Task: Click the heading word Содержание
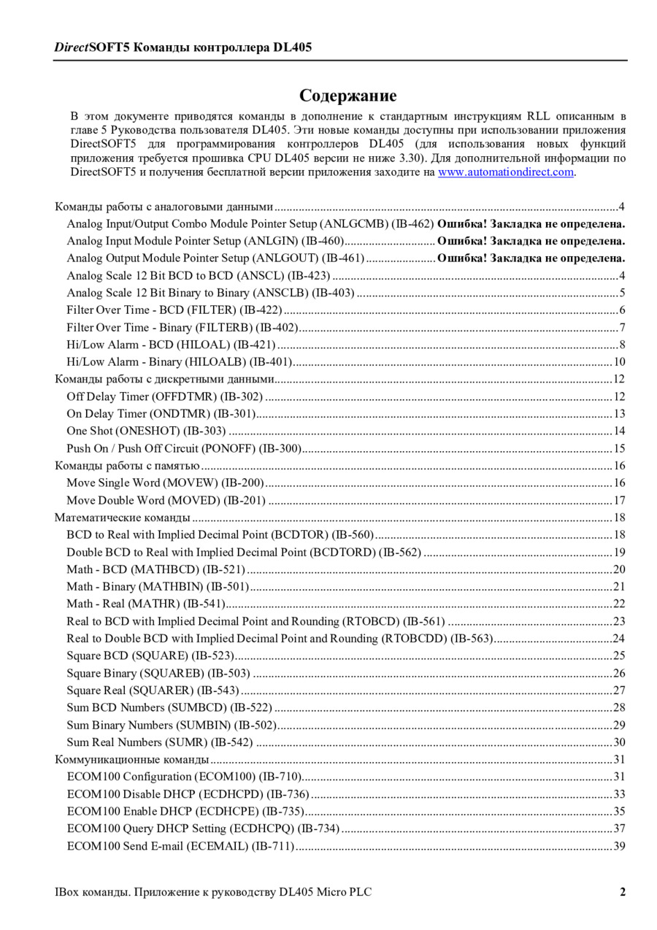(347, 96)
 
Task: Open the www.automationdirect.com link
(505, 172)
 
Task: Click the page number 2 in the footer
(623, 891)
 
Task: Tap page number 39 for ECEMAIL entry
(619, 846)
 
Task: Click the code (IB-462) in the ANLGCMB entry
(412, 223)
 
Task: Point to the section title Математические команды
(123, 518)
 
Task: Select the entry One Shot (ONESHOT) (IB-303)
(146, 431)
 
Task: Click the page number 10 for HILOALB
(619, 362)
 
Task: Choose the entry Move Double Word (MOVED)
(166, 500)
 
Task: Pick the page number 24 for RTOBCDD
(619, 639)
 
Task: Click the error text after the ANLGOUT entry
(531, 258)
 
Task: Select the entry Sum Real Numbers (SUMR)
(159, 742)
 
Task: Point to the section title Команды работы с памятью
(128, 466)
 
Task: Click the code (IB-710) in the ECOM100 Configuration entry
(280, 777)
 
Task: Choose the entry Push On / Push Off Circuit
(184, 448)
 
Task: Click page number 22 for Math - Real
(619, 604)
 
